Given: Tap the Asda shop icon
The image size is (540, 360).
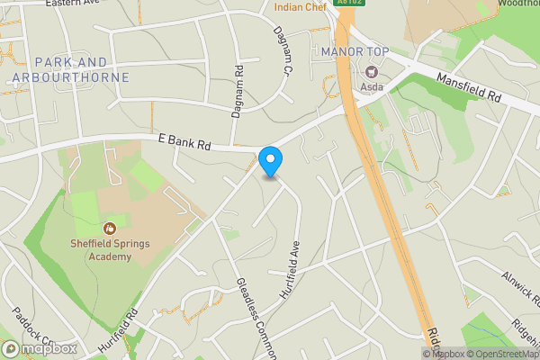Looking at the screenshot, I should [x=369, y=72].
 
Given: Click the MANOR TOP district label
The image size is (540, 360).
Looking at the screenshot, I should [x=355, y=51].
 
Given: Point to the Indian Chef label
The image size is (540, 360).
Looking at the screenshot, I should [x=301, y=8].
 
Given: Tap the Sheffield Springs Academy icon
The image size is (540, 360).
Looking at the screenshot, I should [x=110, y=229].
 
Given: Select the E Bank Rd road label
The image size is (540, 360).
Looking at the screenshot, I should [x=184, y=143].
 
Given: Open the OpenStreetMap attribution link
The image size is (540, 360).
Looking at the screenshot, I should [x=500, y=354].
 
